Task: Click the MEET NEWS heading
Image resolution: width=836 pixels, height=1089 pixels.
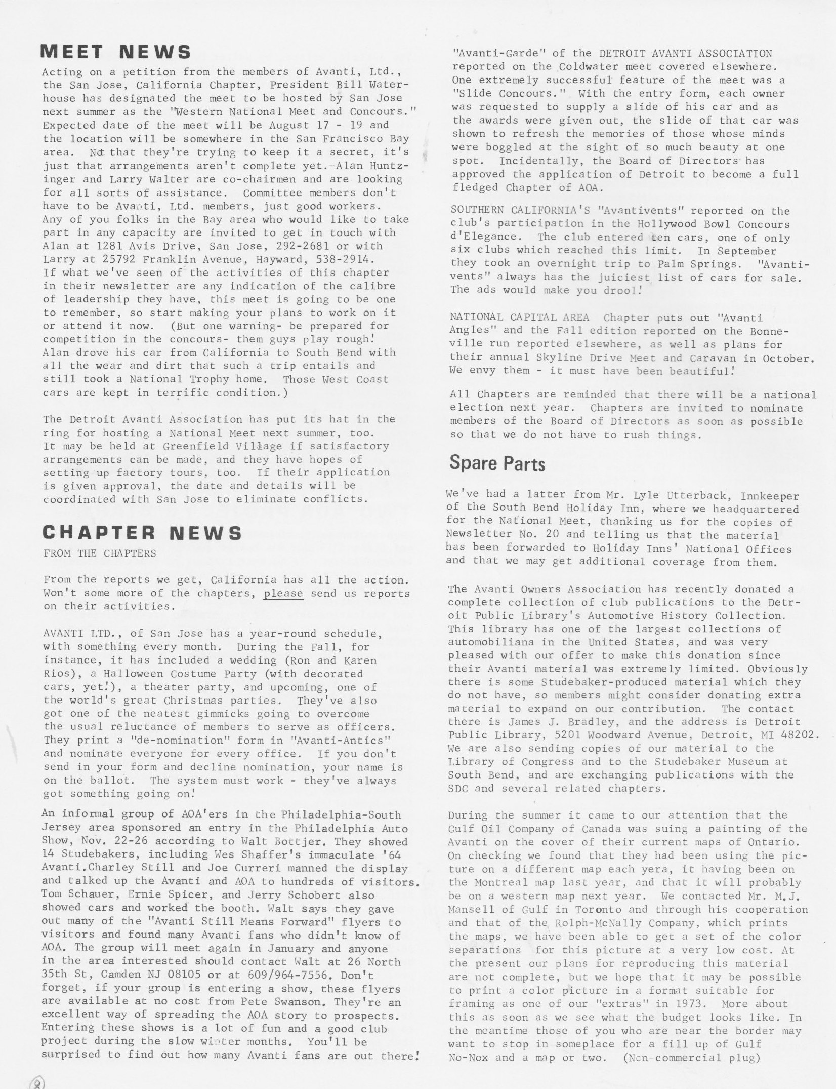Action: tap(116, 52)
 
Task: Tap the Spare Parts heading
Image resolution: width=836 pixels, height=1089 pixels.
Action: tap(497, 463)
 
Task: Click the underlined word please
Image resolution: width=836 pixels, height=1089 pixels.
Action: tap(283, 593)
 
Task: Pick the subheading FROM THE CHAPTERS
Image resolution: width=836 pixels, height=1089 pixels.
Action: tap(100, 553)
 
